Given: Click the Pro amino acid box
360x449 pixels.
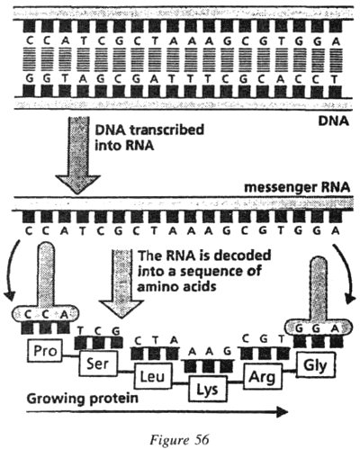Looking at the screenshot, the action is click(45, 351).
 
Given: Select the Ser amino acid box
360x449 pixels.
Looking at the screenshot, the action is click(98, 364).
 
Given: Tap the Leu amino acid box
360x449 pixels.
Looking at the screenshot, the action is click(153, 376).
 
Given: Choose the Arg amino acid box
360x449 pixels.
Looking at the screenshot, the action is click(263, 376).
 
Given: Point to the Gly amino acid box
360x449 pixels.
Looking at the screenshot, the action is click(315, 365).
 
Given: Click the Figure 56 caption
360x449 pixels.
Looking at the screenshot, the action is click(179, 440).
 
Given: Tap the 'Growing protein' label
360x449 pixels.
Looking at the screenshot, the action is click(83, 400).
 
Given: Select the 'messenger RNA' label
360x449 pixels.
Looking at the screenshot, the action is click(297, 187).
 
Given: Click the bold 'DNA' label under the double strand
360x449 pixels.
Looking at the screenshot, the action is click(334, 121).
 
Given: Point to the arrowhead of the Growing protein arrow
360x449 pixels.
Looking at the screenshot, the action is click(282, 412).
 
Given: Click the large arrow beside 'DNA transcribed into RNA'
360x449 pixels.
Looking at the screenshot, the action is click(78, 155).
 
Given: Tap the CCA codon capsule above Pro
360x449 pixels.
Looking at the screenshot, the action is click(45, 314).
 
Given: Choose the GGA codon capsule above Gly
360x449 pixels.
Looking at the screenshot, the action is click(318, 328).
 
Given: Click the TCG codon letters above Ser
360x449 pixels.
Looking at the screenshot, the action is click(99, 330).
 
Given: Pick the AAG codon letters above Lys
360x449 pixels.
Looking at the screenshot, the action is click(208, 351).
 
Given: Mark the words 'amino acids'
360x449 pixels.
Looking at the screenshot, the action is click(176, 286).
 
